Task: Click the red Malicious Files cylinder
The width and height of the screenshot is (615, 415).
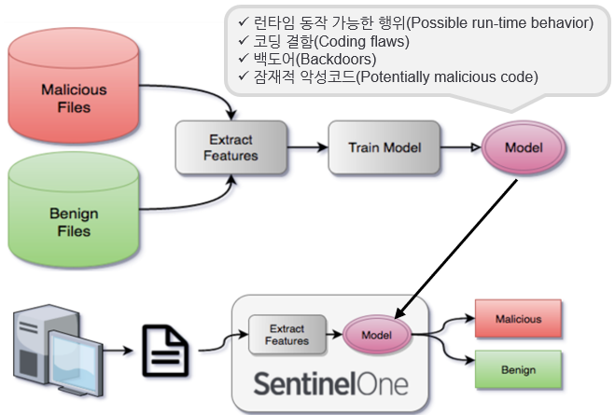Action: tap(74, 98)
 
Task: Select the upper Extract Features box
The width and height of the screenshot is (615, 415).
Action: tap(230, 147)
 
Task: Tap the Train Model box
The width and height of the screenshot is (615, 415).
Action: tap(384, 147)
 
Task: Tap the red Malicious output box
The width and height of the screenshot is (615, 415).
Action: tap(518, 319)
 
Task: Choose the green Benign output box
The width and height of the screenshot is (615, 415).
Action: tap(518, 369)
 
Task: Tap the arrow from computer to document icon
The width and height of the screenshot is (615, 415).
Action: tap(119, 352)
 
